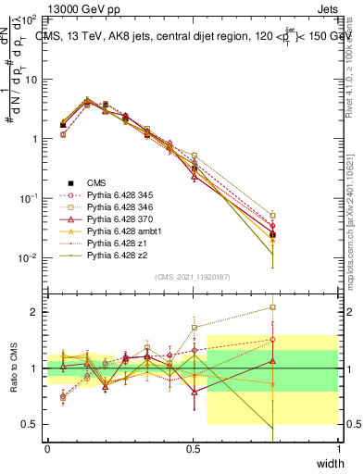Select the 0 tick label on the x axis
point(47,448)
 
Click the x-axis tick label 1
point(338,448)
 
